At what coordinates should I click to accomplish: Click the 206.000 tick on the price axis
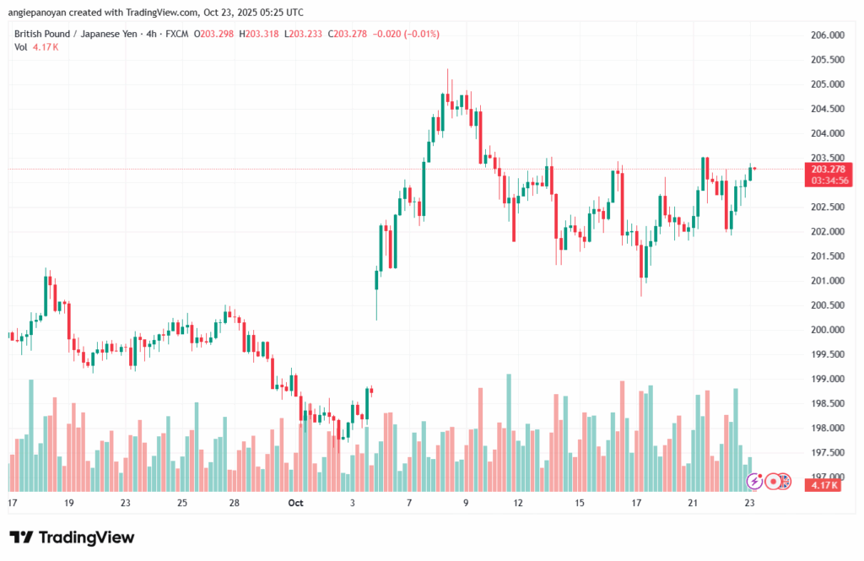click(x=827, y=35)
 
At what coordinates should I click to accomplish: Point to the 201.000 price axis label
click(x=827, y=280)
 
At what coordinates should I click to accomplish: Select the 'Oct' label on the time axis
click(x=295, y=503)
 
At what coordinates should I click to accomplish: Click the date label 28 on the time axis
click(x=235, y=503)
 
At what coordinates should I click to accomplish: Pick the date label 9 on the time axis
click(x=466, y=503)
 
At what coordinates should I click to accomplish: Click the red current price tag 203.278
click(x=827, y=170)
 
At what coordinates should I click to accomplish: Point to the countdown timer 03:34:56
click(x=827, y=181)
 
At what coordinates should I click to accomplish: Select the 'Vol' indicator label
click(x=21, y=47)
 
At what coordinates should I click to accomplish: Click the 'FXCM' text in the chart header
click(x=175, y=34)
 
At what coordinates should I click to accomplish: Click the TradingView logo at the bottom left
click(x=72, y=537)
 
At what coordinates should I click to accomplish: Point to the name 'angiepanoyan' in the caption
click(x=37, y=12)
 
